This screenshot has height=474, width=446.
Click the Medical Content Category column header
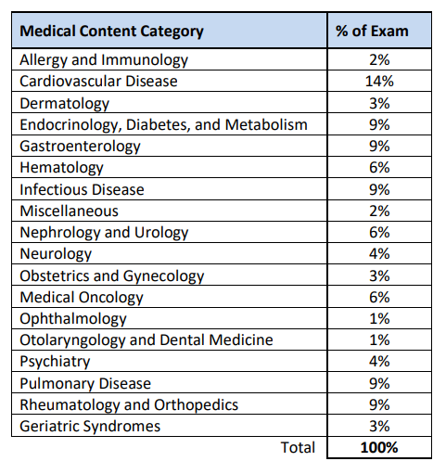point(111,32)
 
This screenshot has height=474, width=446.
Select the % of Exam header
point(372,31)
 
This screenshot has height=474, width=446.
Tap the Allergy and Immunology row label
point(104,60)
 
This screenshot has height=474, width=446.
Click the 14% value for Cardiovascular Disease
point(379,82)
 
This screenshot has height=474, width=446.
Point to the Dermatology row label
point(64,104)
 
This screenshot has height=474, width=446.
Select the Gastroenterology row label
point(80,147)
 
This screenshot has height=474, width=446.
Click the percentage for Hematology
point(379,168)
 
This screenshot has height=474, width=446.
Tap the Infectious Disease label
point(82,189)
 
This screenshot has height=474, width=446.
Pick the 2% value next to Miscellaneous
point(379,211)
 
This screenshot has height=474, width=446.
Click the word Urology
point(161,233)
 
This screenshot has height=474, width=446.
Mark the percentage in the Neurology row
point(379,254)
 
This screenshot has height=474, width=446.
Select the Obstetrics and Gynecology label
point(112,276)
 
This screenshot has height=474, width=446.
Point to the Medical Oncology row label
point(82,298)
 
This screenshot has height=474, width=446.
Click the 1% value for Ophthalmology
point(379,319)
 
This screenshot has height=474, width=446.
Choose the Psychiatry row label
point(55,362)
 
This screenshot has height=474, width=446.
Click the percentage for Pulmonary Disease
point(379,384)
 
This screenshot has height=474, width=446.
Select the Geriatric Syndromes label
point(90,427)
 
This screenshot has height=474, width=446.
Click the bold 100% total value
point(379,448)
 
